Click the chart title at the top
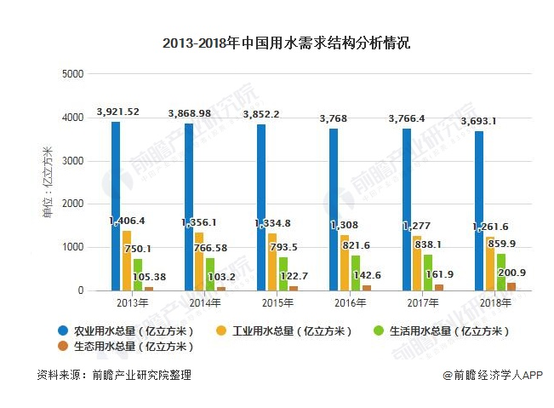277,43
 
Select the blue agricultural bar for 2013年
115,204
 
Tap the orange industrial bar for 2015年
272,261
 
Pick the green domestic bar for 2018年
501,272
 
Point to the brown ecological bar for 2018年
511,286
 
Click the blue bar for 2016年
334,209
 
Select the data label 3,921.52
118,112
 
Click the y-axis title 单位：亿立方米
49,183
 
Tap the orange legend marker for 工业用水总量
220,330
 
